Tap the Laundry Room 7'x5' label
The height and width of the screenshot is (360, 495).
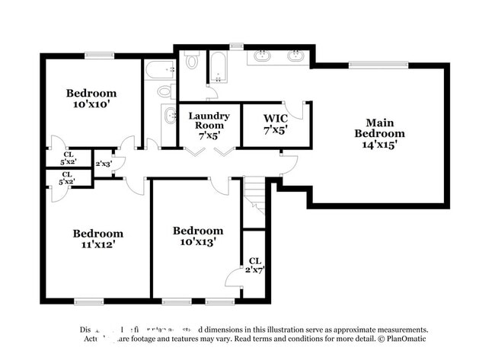pyautogui.click(x=209, y=125)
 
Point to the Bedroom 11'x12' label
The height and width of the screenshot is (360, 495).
pyautogui.click(x=97, y=239)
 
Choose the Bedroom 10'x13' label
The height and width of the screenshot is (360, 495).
pyautogui.click(x=198, y=236)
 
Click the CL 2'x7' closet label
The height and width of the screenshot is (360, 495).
pyautogui.click(x=254, y=265)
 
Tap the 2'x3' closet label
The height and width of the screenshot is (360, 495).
pyautogui.click(x=103, y=164)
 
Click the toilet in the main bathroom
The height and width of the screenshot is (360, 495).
pyautogui.click(x=192, y=60)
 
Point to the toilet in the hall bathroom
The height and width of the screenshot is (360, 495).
pyautogui.click(x=164, y=92)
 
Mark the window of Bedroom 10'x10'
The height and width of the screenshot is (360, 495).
pyautogui.click(x=99, y=55)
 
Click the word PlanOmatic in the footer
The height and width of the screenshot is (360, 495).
pyautogui.click(x=408, y=337)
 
